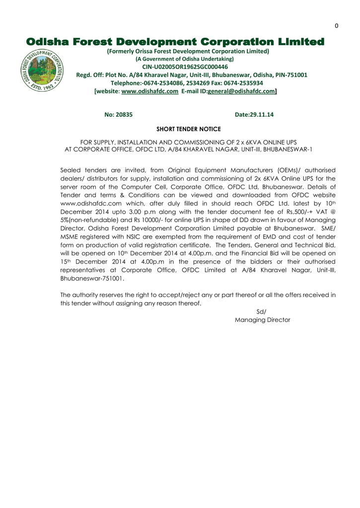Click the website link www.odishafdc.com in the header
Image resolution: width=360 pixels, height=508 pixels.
pyautogui.click(x=149, y=91)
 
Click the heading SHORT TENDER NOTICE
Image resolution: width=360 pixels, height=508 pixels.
pyautogui.click(x=189, y=129)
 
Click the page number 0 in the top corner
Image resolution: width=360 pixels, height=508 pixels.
pyautogui.click(x=336, y=26)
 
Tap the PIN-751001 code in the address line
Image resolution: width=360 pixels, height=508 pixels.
pyautogui.click(x=291, y=75)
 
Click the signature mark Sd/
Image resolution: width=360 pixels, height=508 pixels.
pyautogui.click(x=261, y=312)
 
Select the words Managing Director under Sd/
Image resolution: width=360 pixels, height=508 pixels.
pyautogui.click(x=262, y=320)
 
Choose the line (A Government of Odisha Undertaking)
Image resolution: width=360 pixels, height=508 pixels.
pyautogui.click(x=185, y=59)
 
